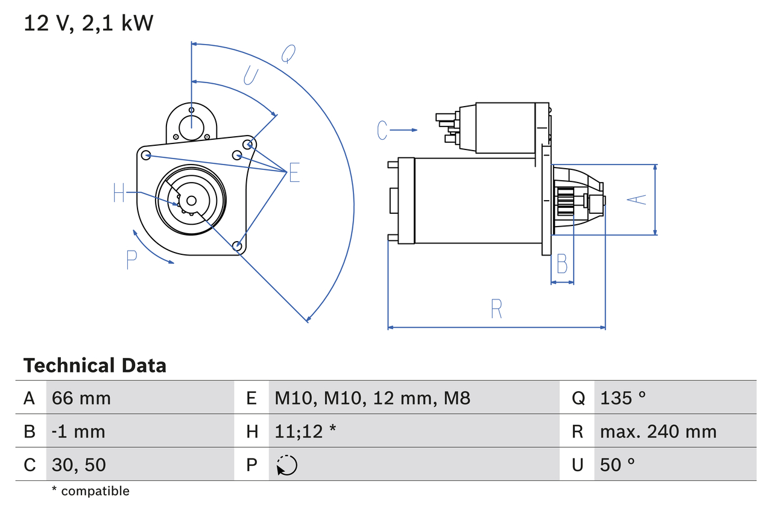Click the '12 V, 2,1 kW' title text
point(89,23)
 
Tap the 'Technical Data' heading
point(95,365)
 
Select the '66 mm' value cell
point(81,398)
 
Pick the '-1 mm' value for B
point(78,431)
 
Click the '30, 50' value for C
point(79,465)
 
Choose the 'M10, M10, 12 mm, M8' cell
point(372,398)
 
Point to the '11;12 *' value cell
point(305,431)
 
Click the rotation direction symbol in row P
point(286,465)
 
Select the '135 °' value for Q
point(623,398)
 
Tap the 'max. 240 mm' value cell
point(658,431)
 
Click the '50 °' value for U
point(618,465)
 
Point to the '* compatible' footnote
point(90,491)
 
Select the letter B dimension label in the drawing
point(562,264)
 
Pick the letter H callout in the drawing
point(119,193)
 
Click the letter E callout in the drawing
point(294,172)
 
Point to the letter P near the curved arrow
point(132,259)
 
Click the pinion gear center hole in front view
point(191,201)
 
